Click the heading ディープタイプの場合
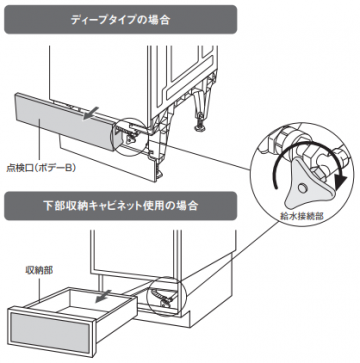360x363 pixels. pyautogui.click(x=120, y=20)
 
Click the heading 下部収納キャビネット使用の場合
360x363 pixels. pyautogui.click(x=120, y=206)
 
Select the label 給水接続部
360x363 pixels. pyautogui.click(x=301, y=216)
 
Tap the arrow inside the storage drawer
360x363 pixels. pyautogui.click(x=102, y=297)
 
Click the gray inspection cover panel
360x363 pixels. pyautogui.click(x=64, y=124)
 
